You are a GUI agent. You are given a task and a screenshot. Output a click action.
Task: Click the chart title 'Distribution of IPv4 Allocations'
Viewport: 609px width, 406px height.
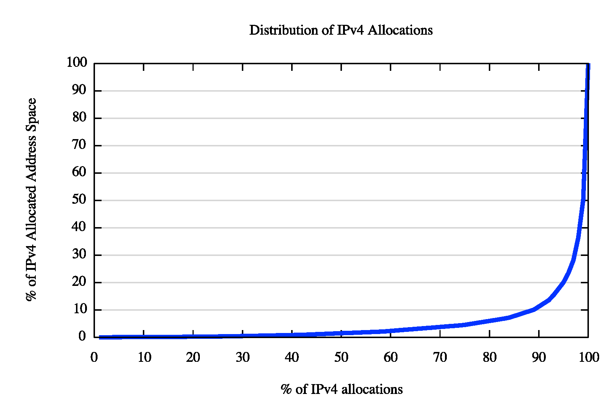tap(341, 30)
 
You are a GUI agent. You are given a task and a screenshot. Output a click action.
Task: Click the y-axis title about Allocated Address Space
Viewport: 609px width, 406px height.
tap(31, 199)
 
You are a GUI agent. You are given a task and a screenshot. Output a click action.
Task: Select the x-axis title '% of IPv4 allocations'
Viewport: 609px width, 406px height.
tap(342, 389)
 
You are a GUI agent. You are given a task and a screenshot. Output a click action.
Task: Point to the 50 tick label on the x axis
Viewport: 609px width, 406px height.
tap(341, 357)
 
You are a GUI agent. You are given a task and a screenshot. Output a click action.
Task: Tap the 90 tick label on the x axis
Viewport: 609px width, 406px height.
tap(539, 357)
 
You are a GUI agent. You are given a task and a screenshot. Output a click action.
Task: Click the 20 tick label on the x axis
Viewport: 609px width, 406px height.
tap(193, 357)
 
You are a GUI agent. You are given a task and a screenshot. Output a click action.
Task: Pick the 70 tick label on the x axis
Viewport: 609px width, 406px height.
tap(440, 357)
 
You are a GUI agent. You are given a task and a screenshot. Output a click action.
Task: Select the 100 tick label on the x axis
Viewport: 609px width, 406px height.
tap(589, 357)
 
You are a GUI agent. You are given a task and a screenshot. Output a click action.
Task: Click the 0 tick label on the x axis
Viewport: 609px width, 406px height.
tap(94, 357)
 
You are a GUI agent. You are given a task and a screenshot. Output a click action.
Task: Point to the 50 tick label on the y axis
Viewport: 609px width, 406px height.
tap(79, 200)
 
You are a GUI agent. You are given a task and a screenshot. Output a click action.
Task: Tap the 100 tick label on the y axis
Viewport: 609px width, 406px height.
tap(77, 62)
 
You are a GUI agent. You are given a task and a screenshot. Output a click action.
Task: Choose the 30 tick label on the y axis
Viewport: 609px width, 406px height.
tap(79, 254)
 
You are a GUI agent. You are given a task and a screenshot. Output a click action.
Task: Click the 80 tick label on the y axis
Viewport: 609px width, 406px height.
tap(79, 118)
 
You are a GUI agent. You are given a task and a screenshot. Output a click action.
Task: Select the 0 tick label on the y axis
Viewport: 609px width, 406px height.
tap(82, 336)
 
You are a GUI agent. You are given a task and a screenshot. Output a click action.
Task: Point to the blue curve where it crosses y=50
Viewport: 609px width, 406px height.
tap(583, 200)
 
